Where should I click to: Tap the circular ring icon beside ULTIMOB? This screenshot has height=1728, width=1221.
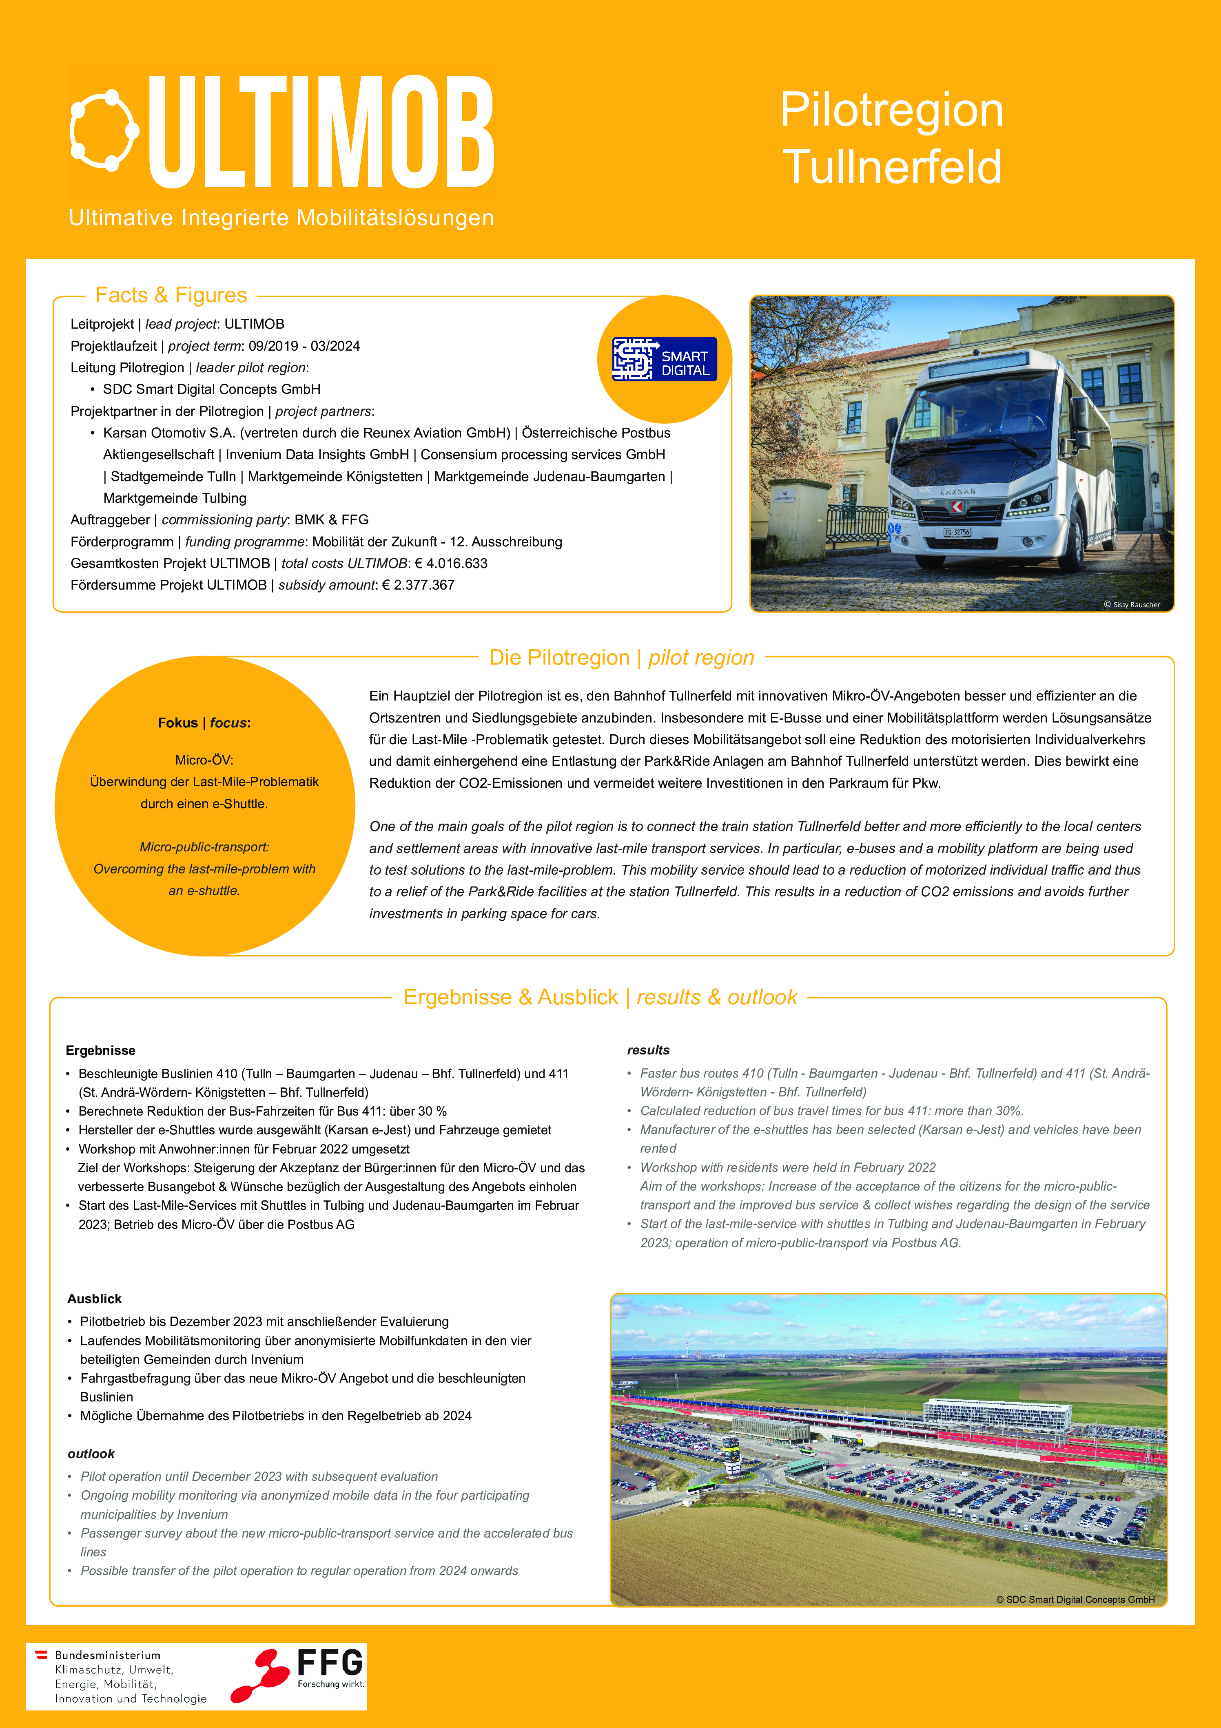click(104, 130)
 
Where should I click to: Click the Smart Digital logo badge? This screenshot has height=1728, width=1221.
click(664, 359)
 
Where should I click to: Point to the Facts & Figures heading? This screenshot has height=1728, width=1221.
click(171, 295)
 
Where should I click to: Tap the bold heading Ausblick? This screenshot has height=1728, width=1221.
click(94, 1298)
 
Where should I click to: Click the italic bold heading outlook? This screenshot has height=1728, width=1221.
click(91, 1453)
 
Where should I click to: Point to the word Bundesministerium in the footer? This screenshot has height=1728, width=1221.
click(108, 1655)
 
